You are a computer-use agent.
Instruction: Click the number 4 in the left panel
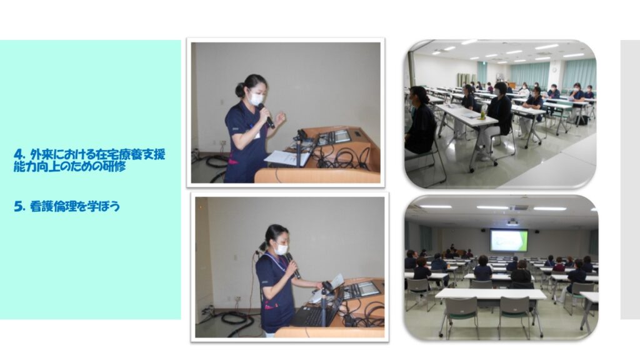pyautogui.click(x=18, y=155)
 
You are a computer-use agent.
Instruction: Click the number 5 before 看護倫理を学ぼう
pyautogui.click(x=18, y=206)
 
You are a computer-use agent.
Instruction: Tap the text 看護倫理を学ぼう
pyautogui.click(x=75, y=206)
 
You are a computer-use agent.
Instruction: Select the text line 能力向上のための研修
pyautogui.click(x=69, y=166)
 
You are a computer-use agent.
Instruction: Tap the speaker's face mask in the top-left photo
pyautogui.click(x=256, y=99)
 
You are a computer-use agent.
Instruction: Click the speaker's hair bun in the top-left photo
pyautogui.click(x=239, y=89)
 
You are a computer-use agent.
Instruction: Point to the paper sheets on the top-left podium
pyautogui.click(x=285, y=158)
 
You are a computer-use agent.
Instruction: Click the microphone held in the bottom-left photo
pyautogui.click(x=292, y=265)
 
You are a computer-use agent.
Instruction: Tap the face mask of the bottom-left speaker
pyautogui.click(x=281, y=249)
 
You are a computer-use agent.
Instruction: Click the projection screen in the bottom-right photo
pyautogui.click(x=509, y=241)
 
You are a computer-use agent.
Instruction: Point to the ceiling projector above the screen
pyautogui.click(x=512, y=222)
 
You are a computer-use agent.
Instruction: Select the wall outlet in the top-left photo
pyautogui.click(x=223, y=143)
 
